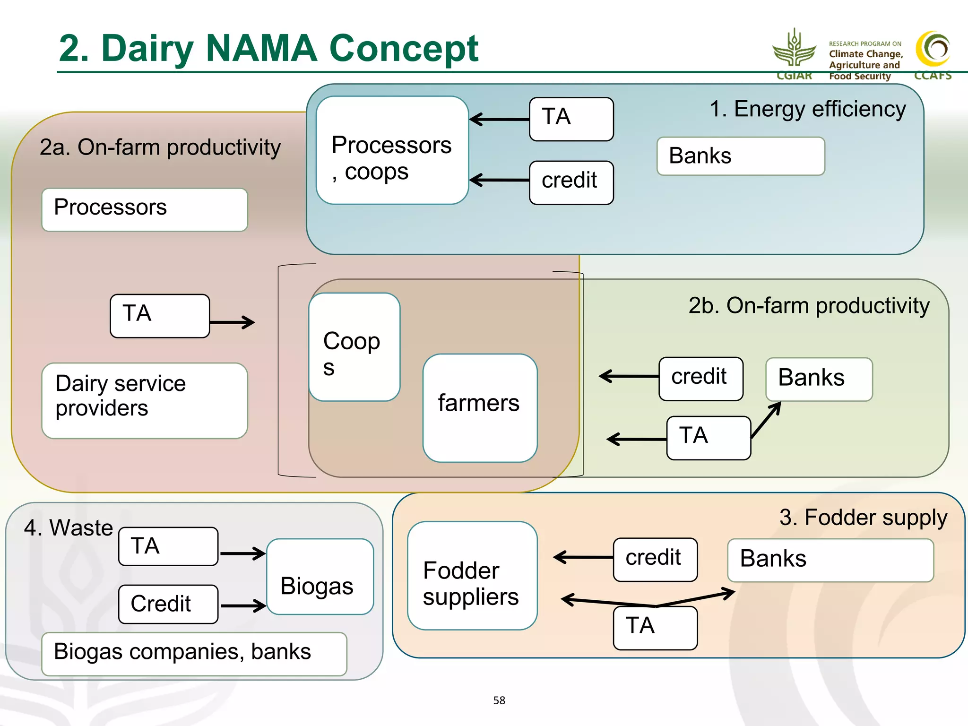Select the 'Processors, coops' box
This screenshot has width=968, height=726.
coord(392,150)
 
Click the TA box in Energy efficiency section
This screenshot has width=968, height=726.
coord(571,119)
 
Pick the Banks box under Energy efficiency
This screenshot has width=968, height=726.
coord(740,156)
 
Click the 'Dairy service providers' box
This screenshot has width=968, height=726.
coord(144,400)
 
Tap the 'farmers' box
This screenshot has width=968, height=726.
coord(480,407)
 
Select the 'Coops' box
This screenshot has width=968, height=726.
coord(354,347)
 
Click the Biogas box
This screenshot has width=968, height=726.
coord(320,576)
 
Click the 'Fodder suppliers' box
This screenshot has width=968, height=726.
coord(472,575)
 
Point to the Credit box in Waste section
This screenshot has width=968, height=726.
coord(168,604)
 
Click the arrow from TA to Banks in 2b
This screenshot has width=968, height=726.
coord(766,420)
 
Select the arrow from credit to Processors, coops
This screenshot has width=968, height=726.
coord(499,180)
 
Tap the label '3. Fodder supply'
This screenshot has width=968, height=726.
coord(863,518)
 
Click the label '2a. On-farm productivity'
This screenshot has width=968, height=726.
coord(160,147)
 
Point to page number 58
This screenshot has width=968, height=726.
coord(499,700)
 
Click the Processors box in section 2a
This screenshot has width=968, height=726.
coord(144,209)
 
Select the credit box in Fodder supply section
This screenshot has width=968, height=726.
coord(655,559)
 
